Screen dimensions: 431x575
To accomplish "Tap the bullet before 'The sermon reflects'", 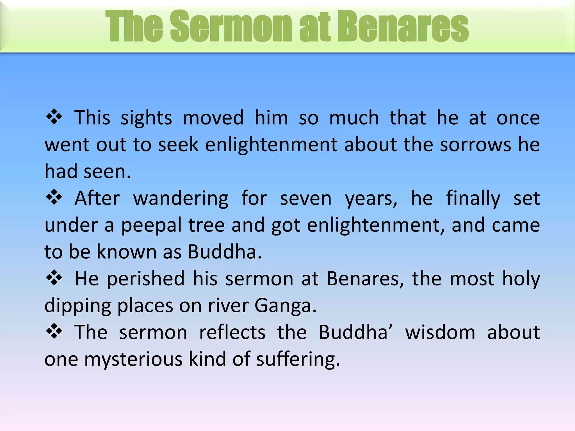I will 54,331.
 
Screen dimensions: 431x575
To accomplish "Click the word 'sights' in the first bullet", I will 146,118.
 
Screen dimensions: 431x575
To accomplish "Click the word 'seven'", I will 306,199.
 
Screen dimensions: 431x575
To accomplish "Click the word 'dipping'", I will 78,306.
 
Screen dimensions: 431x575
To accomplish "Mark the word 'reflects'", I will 232,332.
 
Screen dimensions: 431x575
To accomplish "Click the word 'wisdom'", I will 440,332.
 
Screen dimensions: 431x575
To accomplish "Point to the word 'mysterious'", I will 133,359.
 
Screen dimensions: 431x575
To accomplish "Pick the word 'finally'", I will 473,199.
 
